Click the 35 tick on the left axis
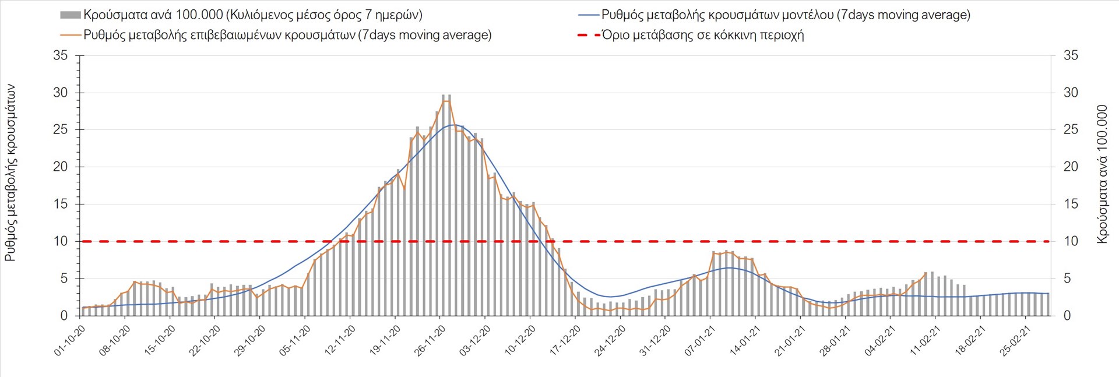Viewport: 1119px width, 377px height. coord(61,56)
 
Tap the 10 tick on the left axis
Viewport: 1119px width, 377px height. coord(61,241)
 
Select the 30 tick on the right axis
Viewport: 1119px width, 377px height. coord(1071,93)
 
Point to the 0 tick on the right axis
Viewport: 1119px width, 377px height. coord(1068,316)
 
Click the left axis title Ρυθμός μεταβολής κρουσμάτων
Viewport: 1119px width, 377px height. coord(10,172)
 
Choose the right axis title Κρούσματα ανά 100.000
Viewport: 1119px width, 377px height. coord(1102,174)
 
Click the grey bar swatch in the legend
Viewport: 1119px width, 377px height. coord(70,15)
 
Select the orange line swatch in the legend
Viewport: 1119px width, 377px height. coord(70,35)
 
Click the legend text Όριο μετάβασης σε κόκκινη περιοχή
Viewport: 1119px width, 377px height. coord(703,35)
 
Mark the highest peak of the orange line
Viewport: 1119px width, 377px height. coord(446,101)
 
